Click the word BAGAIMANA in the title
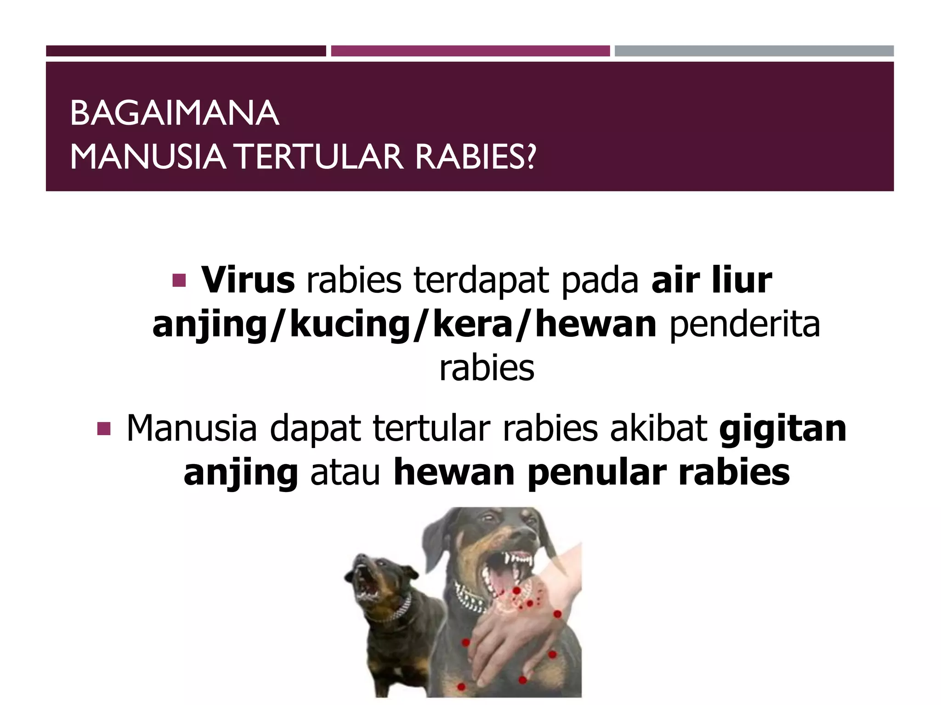click(175, 113)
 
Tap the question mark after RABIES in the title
click(530, 157)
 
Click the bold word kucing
click(351, 324)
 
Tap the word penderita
click(744, 324)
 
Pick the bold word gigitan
click(782, 429)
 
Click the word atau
click(346, 473)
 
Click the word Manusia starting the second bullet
click(191, 429)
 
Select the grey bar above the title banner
click(754, 51)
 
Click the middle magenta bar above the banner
click(470, 51)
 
